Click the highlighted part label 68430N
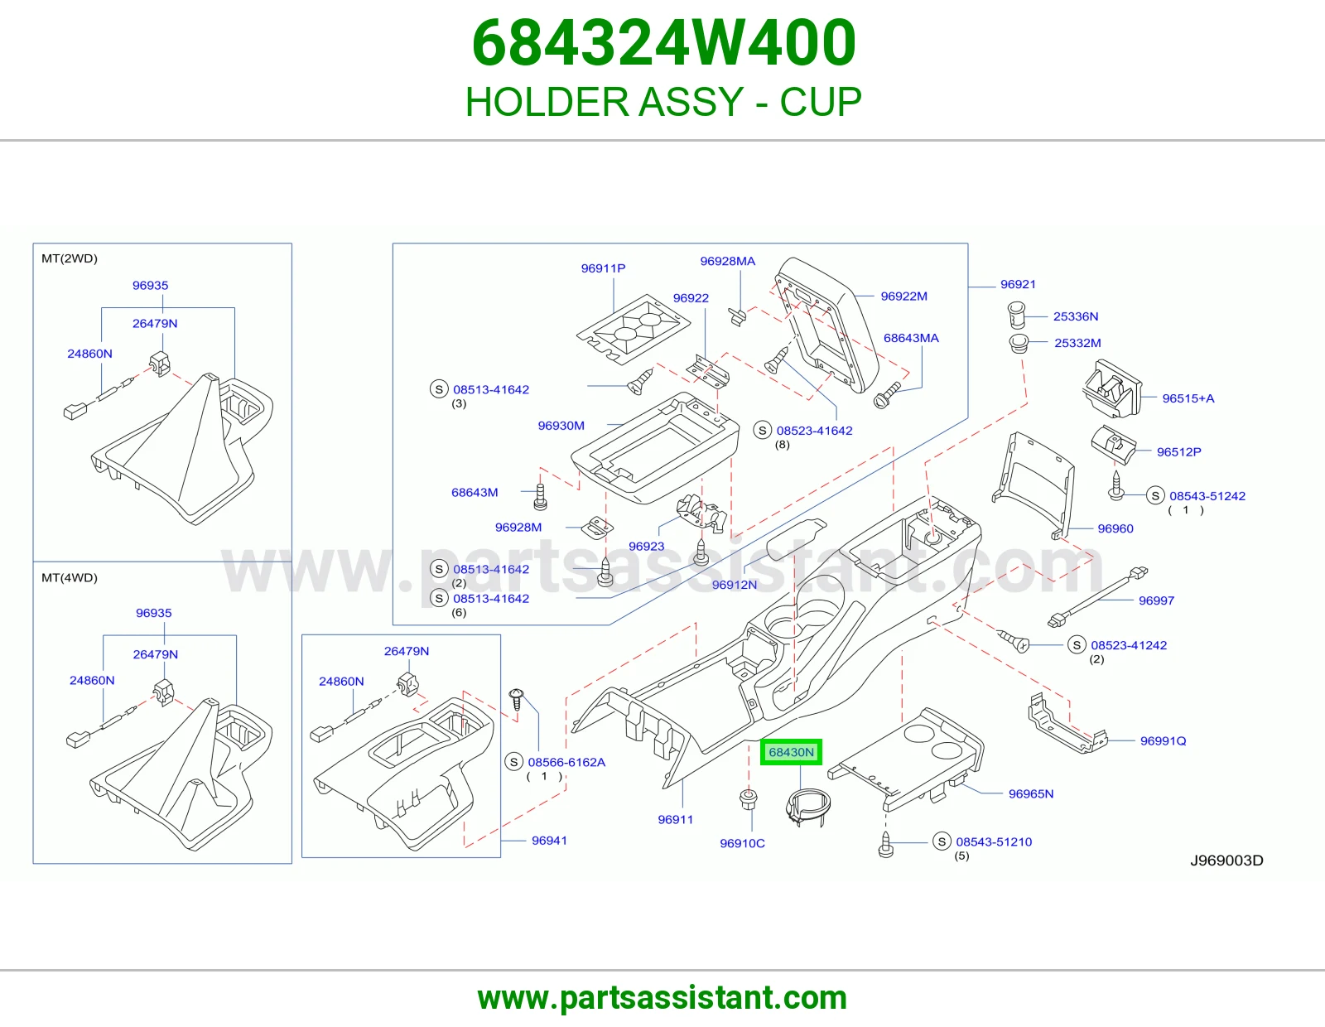coord(791,752)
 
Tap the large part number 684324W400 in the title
coord(664,43)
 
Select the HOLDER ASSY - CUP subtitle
coord(663,102)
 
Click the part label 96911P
coord(603,268)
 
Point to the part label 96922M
coord(903,297)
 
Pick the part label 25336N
coord(1076,316)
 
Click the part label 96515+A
coord(1188,398)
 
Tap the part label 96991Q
coord(1163,741)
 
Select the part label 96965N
coord(1030,793)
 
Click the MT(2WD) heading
coord(70,258)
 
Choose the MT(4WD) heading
coord(70,577)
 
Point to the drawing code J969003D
coord(1226,861)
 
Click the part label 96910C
coord(742,843)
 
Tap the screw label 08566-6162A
coord(566,762)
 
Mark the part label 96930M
coord(561,426)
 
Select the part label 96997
coord(1156,600)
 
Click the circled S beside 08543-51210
coord(942,841)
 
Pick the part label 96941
coord(549,841)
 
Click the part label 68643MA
coord(911,339)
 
